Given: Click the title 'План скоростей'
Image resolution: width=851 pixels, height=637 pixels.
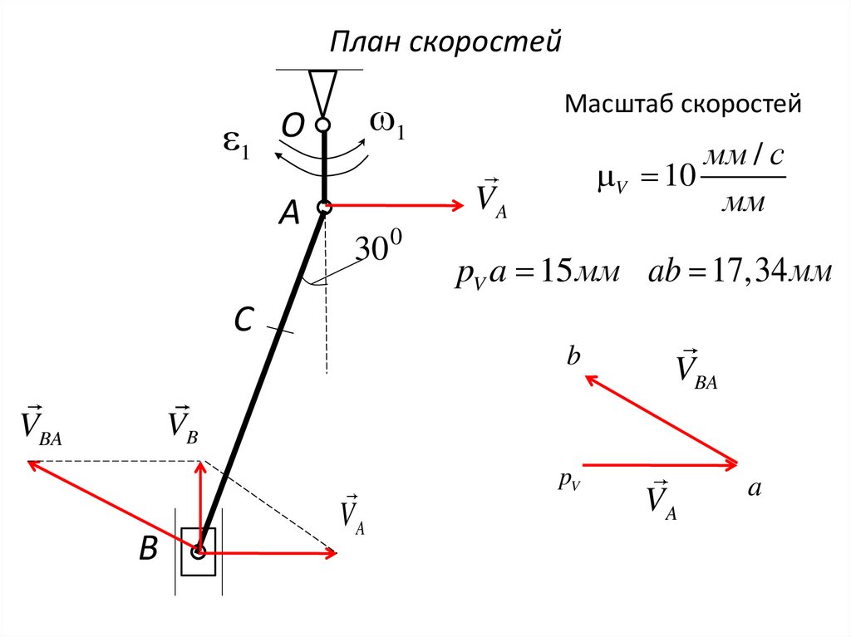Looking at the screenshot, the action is pyautogui.click(x=447, y=41).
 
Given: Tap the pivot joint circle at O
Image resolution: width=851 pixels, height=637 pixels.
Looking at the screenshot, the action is pyautogui.click(x=323, y=126).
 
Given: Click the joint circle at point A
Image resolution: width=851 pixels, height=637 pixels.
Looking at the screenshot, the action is pyautogui.click(x=324, y=207).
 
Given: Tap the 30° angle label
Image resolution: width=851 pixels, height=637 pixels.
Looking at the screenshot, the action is pyautogui.click(x=379, y=248).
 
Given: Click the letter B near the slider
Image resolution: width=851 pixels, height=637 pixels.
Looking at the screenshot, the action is pyautogui.click(x=148, y=549).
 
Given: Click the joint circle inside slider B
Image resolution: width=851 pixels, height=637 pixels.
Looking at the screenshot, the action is pyautogui.click(x=199, y=551).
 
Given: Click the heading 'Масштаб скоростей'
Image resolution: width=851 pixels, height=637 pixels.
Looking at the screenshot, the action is pyautogui.click(x=683, y=105).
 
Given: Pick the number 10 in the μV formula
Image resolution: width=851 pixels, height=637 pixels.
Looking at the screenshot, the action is pyautogui.click(x=678, y=178).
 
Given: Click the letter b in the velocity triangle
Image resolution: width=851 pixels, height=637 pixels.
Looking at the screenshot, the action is pyautogui.click(x=573, y=357).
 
